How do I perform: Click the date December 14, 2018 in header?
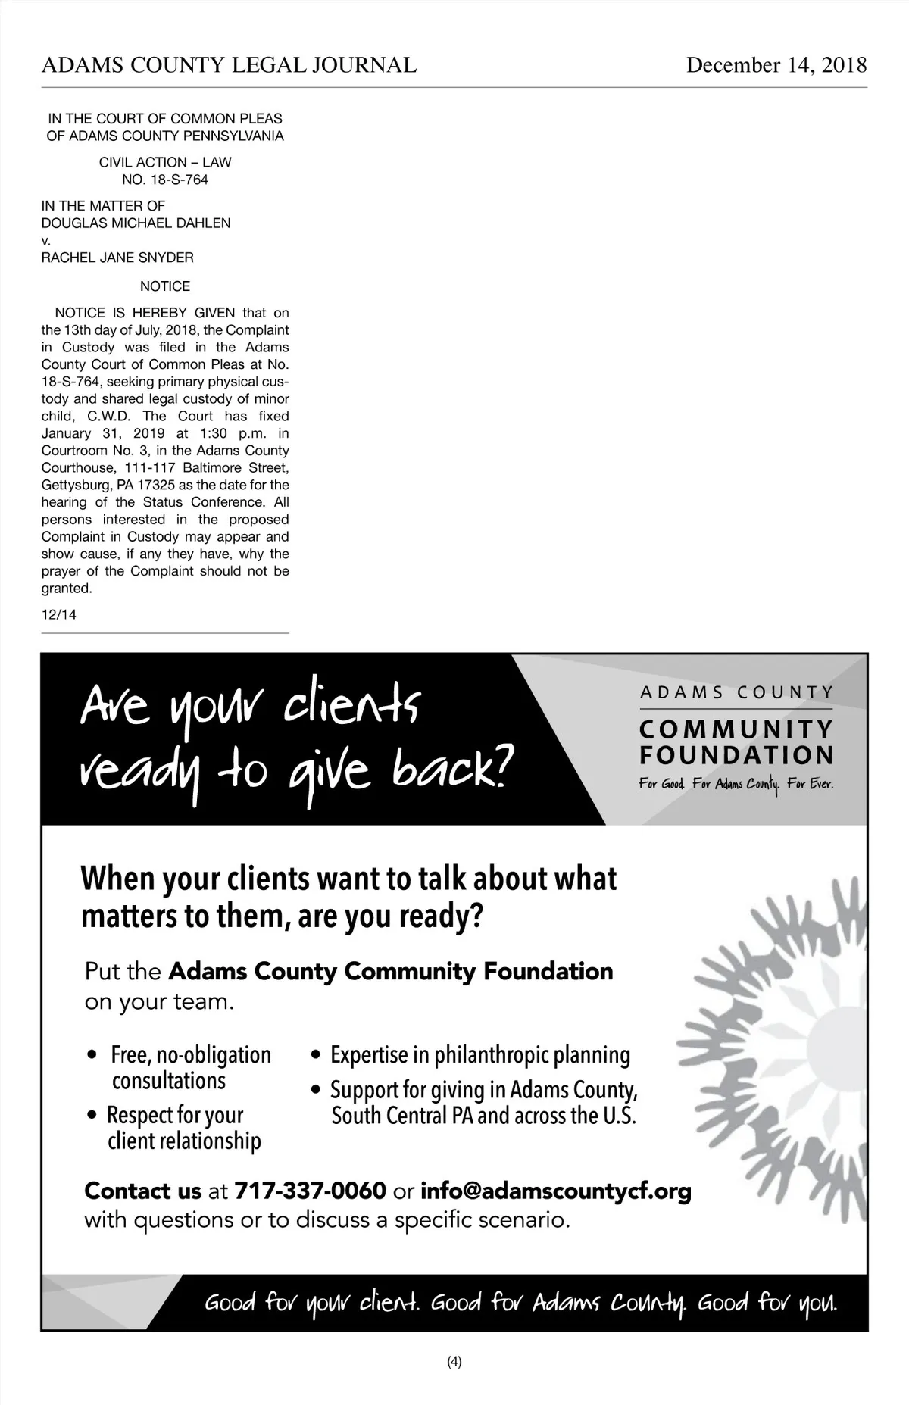click(x=776, y=65)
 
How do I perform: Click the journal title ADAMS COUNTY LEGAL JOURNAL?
click(x=229, y=65)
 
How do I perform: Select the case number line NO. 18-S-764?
click(x=165, y=180)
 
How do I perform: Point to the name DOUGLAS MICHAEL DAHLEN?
click(x=136, y=223)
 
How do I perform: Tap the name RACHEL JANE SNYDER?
click(x=117, y=258)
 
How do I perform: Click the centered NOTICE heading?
click(x=165, y=286)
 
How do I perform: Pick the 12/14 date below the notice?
click(x=59, y=614)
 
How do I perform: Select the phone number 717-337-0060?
click(x=311, y=1191)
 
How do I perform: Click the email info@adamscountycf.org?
click(x=556, y=1191)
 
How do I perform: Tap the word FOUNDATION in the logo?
click(x=736, y=755)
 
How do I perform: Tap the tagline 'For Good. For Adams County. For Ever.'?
click(x=736, y=785)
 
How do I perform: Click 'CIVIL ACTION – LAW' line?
click(x=165, y=162)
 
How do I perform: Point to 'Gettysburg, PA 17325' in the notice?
click(x=107, y=485)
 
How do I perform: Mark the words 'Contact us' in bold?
click(x=142, y=1191)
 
